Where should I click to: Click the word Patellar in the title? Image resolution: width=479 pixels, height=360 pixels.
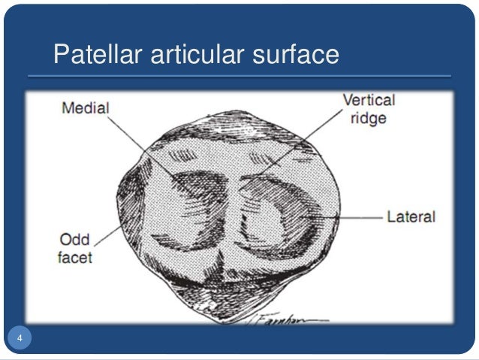click(97, 55)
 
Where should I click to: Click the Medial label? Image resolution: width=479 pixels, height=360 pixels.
click(85, 108)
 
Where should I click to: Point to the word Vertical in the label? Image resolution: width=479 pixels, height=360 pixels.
click(368, 100)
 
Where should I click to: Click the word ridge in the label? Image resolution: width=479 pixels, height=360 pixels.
click(369, 118)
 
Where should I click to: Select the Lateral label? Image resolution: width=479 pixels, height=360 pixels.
click(411, 217)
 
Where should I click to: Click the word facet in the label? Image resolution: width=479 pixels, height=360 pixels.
click(76, 258)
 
